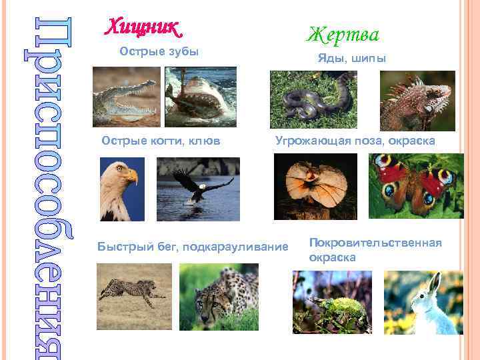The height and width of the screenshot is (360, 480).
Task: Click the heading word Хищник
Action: pyautogui.click(x=143, y=28)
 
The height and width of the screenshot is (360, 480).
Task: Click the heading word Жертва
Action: pyautogui.click(x=343, y=33)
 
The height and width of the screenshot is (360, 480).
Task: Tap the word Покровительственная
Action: pyautogui.click(x=375, y=243)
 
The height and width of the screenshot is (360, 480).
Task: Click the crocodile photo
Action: pyautogui.click(x=127, y=97)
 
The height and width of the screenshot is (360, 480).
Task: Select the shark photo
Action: pyautogui.click(x=200, y=97)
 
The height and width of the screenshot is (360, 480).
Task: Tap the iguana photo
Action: pyautogui.click(x=417, y=100)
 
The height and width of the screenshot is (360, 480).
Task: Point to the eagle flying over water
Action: pyautogui.click(x=198, y=188)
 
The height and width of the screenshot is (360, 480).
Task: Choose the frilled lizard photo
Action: pyautogui.click(x=315, y=187)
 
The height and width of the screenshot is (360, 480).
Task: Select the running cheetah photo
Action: pyautogui.click(x=133, y=294)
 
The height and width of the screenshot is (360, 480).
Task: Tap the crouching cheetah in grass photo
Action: pyautogui.click(x=218, y=297)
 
